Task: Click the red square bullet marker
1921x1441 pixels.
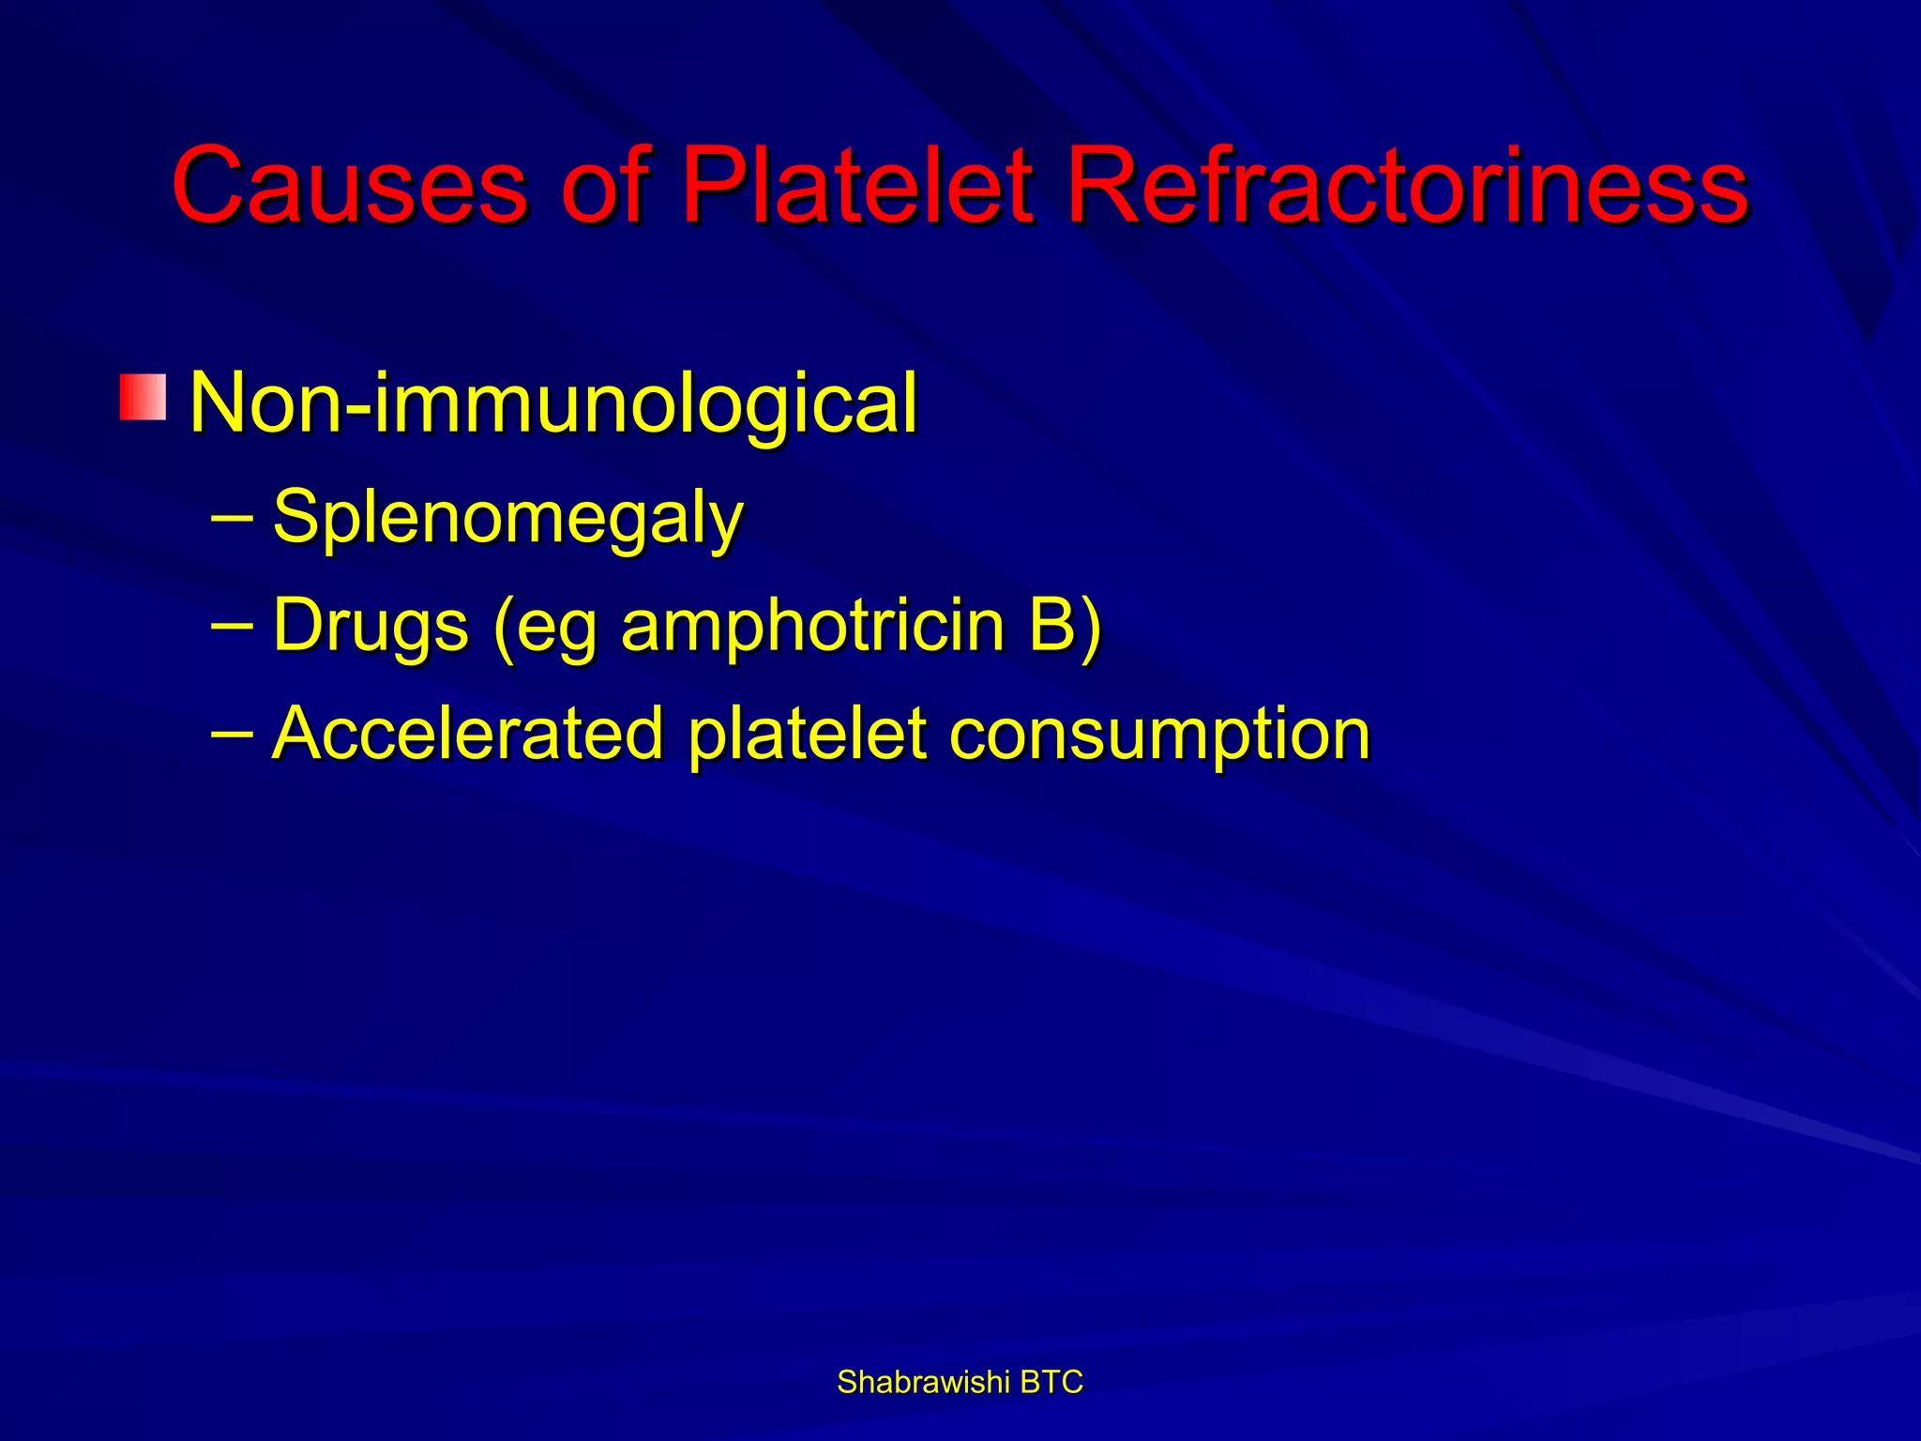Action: pyautogui.click(x=143, y=397)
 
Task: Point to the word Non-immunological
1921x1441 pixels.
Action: pyautogui.click(x=553, y=403)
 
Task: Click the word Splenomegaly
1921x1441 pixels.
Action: pyautogui.click(x=507, y=518)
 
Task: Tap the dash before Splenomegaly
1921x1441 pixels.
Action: pyautogui.click(x=232, y=515)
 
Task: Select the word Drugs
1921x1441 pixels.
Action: pyautogui.click(x=371, y=627)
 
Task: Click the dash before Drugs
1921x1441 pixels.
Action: pyautogui.click(x=232, y=623)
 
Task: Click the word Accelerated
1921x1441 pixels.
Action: pyautogui.click(x=469, y=734)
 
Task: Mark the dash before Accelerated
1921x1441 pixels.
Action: pyautogui.click(x=232, y=732)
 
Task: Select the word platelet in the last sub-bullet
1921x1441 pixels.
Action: pyautogui.click(x=808, y=734)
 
